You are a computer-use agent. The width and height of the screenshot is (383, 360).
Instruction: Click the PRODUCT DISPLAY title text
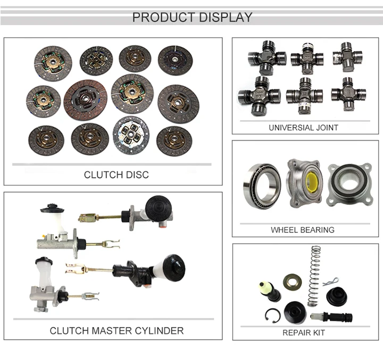[x=192, y=18]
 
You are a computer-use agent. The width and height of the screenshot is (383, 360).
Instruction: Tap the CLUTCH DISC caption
[x=116, y=175]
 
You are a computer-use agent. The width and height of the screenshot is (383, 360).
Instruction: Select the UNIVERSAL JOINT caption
[x=303, y=128]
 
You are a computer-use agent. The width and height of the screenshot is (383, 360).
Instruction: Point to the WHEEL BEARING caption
[x=303, y=230]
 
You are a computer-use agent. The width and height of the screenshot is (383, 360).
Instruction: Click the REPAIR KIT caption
[x=304, y=333]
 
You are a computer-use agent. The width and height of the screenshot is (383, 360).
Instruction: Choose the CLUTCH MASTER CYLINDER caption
[x=116, y=331]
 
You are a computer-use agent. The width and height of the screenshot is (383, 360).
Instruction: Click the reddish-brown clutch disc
[x=86, y=99]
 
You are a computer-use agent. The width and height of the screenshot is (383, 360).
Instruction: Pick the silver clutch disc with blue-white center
[x=131, y=135]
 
